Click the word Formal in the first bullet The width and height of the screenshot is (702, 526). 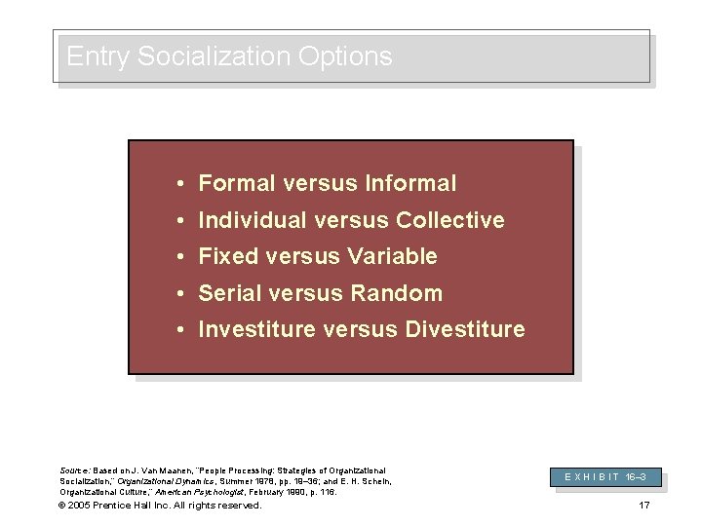pos(231,183)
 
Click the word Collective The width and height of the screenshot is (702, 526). pos(450,220)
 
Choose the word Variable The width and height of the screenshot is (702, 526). pos(391,257)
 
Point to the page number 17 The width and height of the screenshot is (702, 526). pos(643,505)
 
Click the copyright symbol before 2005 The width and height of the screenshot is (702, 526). pos(63,505)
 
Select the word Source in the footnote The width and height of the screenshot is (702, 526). pos(75,470)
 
